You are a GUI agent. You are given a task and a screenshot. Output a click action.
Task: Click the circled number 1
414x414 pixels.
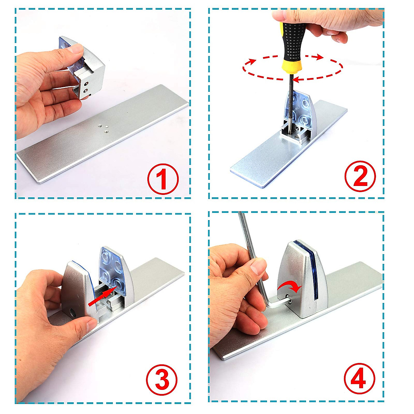(163, 179)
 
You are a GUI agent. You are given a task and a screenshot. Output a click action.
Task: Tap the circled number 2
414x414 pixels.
(360, 176)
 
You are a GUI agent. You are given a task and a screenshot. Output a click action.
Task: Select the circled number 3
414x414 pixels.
(162, 380)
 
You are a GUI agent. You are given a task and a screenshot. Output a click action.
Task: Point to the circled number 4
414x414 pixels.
(359, 379)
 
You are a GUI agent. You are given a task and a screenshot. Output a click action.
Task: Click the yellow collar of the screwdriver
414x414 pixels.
(292, 66)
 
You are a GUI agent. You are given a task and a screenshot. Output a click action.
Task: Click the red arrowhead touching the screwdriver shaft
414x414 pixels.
(297, 79)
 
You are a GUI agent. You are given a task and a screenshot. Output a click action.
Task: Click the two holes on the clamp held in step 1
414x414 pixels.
(86, 87)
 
